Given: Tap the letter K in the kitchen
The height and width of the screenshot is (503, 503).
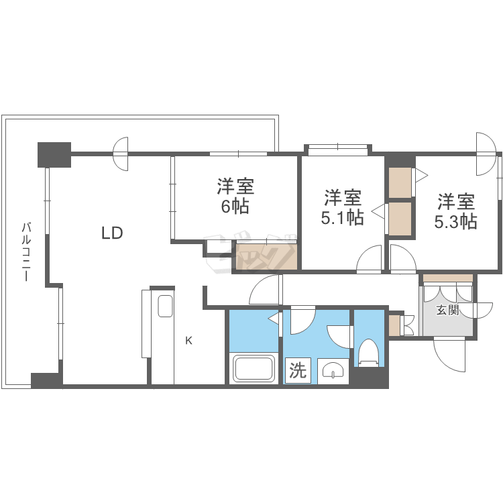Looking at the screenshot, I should (x=188, y=341).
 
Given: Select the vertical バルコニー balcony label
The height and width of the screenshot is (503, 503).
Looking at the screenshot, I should (x=26, y=251).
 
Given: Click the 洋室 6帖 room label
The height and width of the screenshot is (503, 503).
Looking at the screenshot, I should (x=235, y=195).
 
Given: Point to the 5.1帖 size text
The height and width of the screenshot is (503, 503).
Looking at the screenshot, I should (x=343, y=217).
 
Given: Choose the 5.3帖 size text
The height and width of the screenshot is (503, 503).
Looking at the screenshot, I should (x=457, y=221).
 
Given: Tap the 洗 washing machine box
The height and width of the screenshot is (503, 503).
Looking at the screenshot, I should (x=298, y=370).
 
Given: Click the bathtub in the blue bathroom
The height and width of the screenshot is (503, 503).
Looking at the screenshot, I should (x=254, y=369).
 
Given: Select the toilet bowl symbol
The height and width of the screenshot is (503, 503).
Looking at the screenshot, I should (x=368, y=351).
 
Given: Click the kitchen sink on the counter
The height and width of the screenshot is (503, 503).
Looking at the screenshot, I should (x=165, y=306).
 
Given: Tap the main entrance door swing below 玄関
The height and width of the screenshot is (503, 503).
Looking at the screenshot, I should (x=449, y=353).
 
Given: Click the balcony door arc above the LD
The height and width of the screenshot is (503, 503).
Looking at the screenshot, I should (x=121, y=154).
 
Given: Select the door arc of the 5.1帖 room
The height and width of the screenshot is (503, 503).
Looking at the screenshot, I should (x=370, y=260).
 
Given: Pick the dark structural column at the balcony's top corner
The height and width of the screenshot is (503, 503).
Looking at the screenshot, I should (x=54, y=154).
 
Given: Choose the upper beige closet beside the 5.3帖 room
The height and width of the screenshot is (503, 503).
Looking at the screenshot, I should (x=400, y=182).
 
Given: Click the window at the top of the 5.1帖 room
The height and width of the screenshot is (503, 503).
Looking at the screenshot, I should (x=337, y=149).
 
